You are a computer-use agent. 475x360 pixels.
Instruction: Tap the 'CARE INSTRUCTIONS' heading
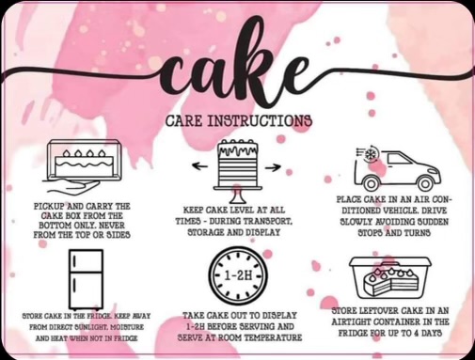(x=238, y=121)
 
